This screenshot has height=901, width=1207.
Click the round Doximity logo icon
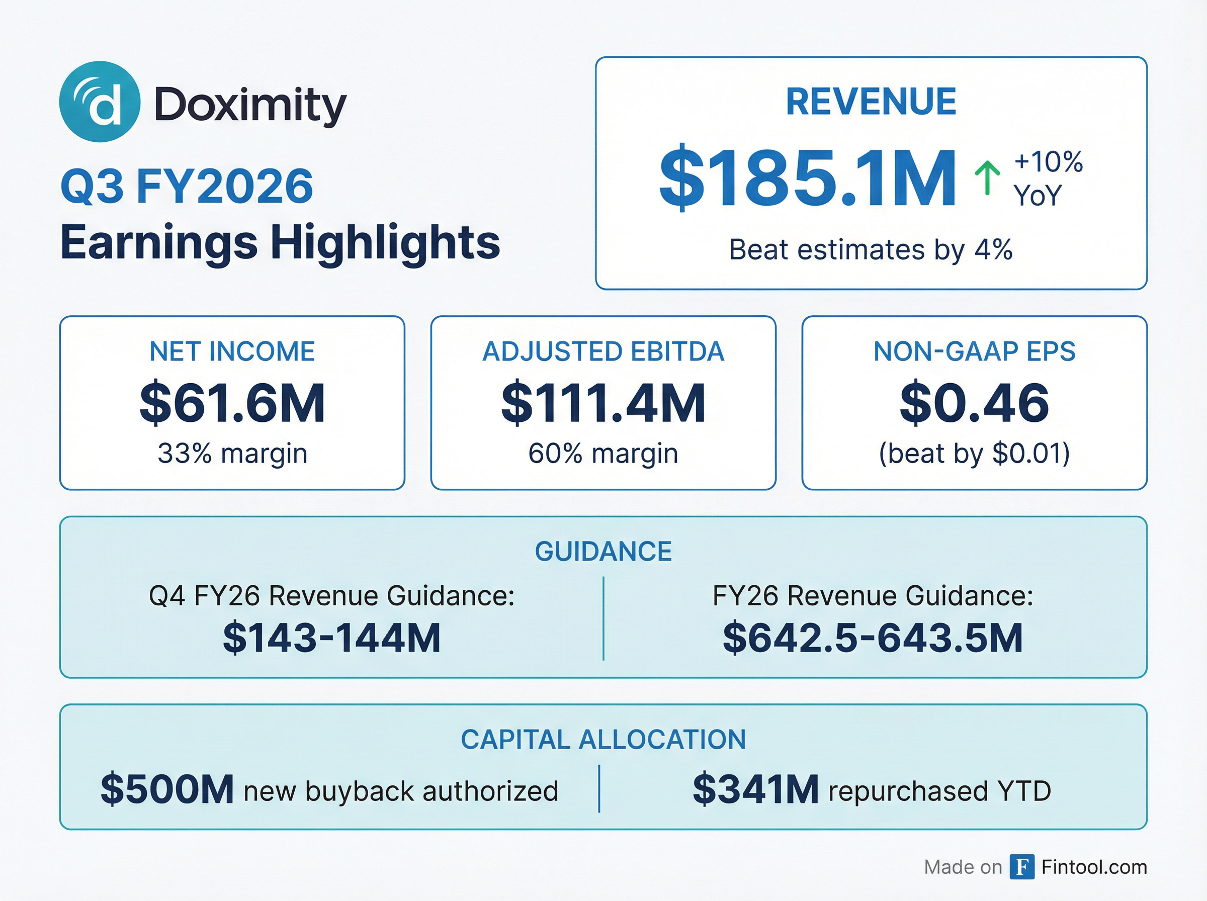coord(99,102)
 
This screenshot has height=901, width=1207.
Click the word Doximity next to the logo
coord(250,104)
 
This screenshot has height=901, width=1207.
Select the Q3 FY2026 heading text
coord(187,187)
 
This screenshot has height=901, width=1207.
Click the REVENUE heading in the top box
coord(871,102)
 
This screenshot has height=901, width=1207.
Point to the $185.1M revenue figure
coord(807,178)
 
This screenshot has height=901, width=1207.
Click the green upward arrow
coord(987,178)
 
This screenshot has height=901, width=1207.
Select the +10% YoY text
coord(1047,178)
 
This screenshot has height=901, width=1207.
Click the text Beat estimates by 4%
coord(871,250)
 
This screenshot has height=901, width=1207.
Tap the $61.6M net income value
coord(232,403)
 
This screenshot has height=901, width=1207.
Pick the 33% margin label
coord(232,453)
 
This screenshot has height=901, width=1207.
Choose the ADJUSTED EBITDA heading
coord(603,352)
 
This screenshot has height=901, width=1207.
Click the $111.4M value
coord(603,403)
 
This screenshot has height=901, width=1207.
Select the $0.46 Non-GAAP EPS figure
coord(974,403)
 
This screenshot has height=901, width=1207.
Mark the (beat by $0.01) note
coord(974,453)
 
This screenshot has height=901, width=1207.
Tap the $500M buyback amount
coord(167,790)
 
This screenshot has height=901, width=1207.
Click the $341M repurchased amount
coord(755,790)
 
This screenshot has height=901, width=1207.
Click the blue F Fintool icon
coord(1021,867)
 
